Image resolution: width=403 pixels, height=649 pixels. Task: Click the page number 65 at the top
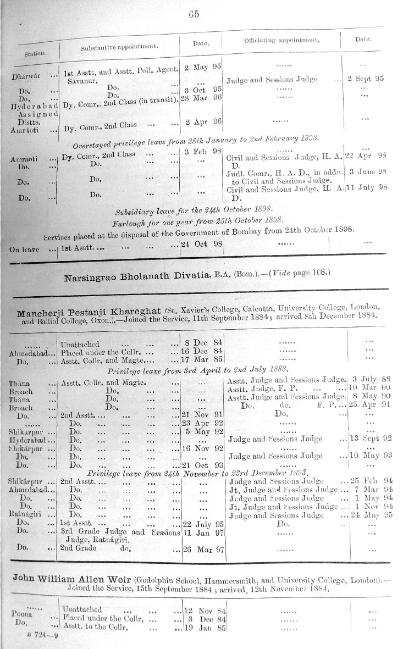pos(194,15)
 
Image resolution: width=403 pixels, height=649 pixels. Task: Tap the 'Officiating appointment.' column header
pos(282,41)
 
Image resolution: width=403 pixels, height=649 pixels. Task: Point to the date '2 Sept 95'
pos(366,79)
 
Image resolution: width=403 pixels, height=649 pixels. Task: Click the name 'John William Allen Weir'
pos(72,580)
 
